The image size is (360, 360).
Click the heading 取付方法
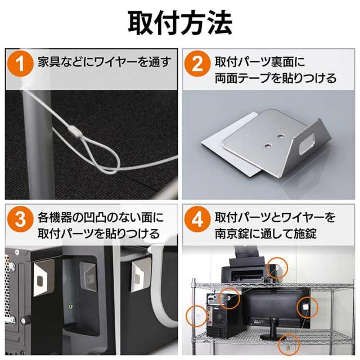pos(180,24)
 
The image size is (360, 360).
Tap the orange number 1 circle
pos(20,64)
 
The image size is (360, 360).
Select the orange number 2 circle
pos(197,64)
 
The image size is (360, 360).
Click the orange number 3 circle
pos(20,219)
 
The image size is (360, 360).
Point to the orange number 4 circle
pos(197,219)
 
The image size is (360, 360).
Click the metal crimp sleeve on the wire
pos(75,130)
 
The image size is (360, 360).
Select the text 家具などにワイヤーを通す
pos(105,62)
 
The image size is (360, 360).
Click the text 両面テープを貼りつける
pos(276,78)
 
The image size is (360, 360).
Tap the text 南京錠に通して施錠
pos(265,233)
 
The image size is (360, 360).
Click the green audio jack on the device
pos(71,306)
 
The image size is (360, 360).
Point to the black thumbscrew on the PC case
pos(26,320)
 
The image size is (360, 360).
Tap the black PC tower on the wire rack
pos(222,316)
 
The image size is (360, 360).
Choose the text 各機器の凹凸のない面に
pos(101,217)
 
